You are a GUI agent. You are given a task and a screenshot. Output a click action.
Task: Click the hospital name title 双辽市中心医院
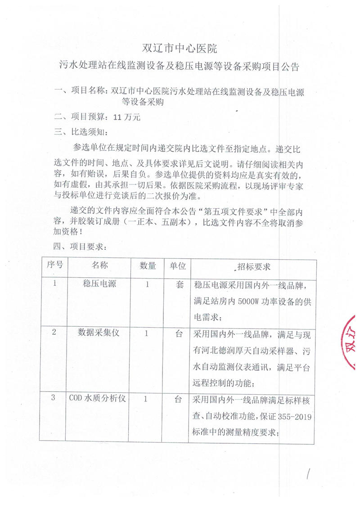pyautogui.click(x=180, y=47)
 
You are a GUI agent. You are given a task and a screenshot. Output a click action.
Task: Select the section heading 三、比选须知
pyautogui.click(x=81, y=132)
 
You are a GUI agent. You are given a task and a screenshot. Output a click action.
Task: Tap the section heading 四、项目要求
pyautogui.click(x=81, y=247)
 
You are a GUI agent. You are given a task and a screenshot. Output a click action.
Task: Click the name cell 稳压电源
pyautogui.click(x=100, y=284)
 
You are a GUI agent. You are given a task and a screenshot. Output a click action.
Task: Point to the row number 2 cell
pyautogui.click(x=54, y=333)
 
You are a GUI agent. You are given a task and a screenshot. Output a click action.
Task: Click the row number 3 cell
pyautogui.click(x=54, y=398)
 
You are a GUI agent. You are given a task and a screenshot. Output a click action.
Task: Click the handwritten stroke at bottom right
pyautogui.click(x=309, y=475)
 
